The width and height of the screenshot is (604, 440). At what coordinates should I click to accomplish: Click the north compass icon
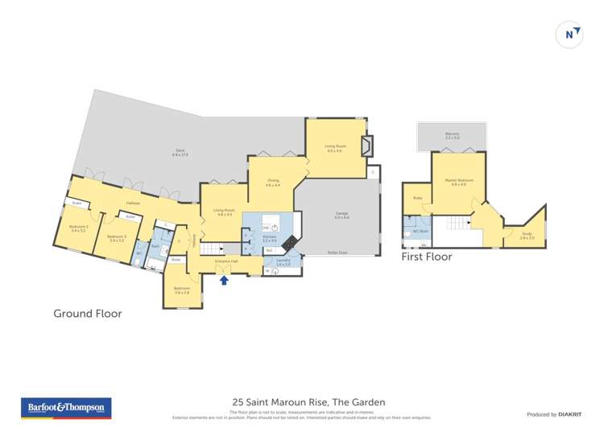click(569, 35)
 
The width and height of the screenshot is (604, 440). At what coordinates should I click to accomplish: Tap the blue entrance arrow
click(224, 280)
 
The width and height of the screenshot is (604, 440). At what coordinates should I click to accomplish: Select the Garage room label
click(341, 215)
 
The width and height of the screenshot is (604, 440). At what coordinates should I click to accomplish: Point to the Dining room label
click(272, 183)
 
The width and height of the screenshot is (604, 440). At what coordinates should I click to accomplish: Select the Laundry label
click(283, 261)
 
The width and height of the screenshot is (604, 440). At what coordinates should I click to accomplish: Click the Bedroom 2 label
click(78, 228)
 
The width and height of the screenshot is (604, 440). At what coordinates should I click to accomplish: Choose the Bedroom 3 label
click(118, 237)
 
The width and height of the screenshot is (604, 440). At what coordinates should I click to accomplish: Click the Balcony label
click(452, 136)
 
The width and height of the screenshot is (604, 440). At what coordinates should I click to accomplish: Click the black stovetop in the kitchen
click(288, 241)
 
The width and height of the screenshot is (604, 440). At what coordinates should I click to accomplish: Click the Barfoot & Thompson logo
click(66, 408)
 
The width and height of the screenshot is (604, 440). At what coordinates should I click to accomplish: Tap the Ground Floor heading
click(87, 314)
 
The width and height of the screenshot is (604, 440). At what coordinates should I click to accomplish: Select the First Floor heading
click(427, 257)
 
